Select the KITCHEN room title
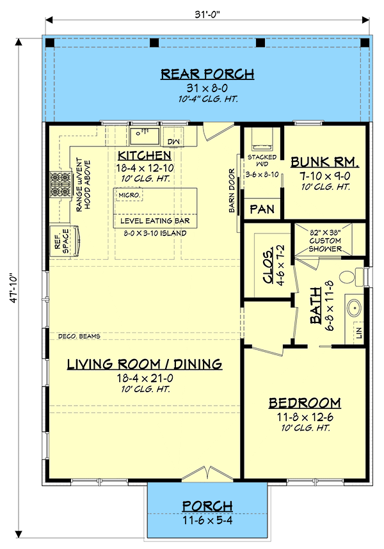[144, 155]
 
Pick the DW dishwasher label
[173, 141]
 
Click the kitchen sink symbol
[144, 136]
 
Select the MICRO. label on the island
[130, 194]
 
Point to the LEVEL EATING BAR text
[156, 221]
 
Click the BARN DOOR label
[233, 186]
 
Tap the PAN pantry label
[262, 209]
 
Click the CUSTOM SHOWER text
[326, 241]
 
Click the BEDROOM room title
[304, 402]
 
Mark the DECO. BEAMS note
[79, 336]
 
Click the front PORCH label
[207, 505]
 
